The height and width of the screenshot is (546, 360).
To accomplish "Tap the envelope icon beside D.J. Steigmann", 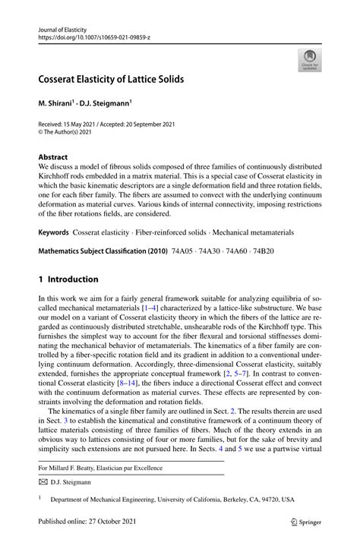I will click(x=45, y=481).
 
